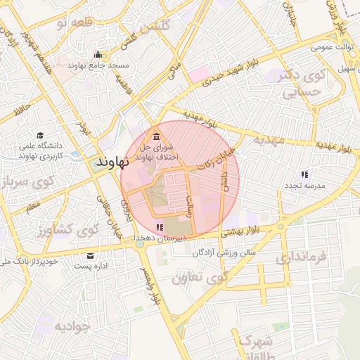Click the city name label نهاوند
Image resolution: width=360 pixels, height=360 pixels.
109,162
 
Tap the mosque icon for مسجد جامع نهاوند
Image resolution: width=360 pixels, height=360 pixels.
98,55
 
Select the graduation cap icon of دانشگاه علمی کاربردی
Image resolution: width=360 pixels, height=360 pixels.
40,135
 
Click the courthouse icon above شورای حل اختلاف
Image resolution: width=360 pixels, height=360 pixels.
156,136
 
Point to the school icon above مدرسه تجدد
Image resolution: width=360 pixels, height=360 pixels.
304,174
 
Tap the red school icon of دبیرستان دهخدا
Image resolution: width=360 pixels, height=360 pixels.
160,227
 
